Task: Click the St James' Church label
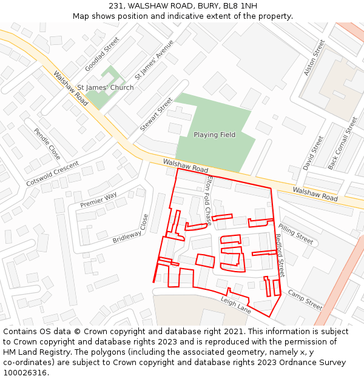click(106, 88)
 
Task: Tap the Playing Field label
click(214, 135)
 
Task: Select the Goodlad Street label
click(103, 55)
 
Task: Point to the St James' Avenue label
click(154, 60)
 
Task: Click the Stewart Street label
click(157, 114)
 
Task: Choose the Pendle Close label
click(47, 144)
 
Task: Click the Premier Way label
click(98, 200)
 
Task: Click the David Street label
click(314, 153)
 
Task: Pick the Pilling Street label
click(295, 235)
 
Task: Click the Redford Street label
click(280, 255)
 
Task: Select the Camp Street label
click(305, 300)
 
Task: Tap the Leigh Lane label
click(235, 305)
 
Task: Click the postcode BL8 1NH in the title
click(240, 6)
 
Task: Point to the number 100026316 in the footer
click(25, 373)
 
